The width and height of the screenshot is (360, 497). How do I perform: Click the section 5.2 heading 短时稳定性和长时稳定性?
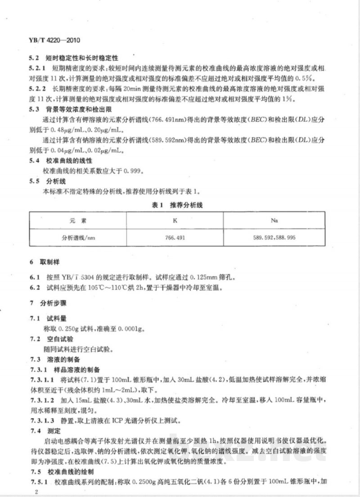coord(81,59)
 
